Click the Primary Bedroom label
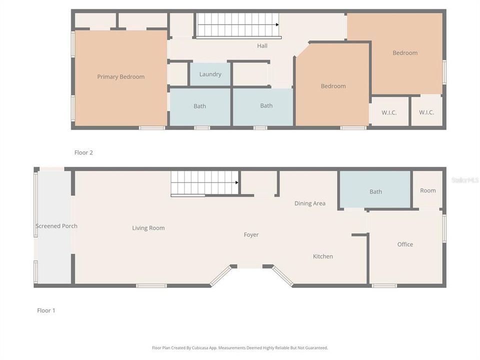click(x=120, y=77)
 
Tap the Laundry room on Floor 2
click(x=210, y=74)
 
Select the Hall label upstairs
click(x=262, y=46)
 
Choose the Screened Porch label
click(x=56, y=226)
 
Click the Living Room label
click(x=148, y=228)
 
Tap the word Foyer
click(x=251, y=235)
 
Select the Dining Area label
click(x=309, y=203)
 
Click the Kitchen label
click(x=322, y=256)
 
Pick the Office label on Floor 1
click(x=405, y=244)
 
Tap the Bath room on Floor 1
click(x=375, y=191)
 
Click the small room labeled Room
click(x=427, y=190)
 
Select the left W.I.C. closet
click(x=389, y=112)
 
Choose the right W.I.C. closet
click(x=426, y=112)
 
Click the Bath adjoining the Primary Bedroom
click(x=199, y=106)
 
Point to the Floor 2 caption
click(x=83, y=153)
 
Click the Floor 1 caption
click(x=46, y=310)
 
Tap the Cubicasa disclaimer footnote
click(x=240, y=347)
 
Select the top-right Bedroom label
click(x=404, y=53)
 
